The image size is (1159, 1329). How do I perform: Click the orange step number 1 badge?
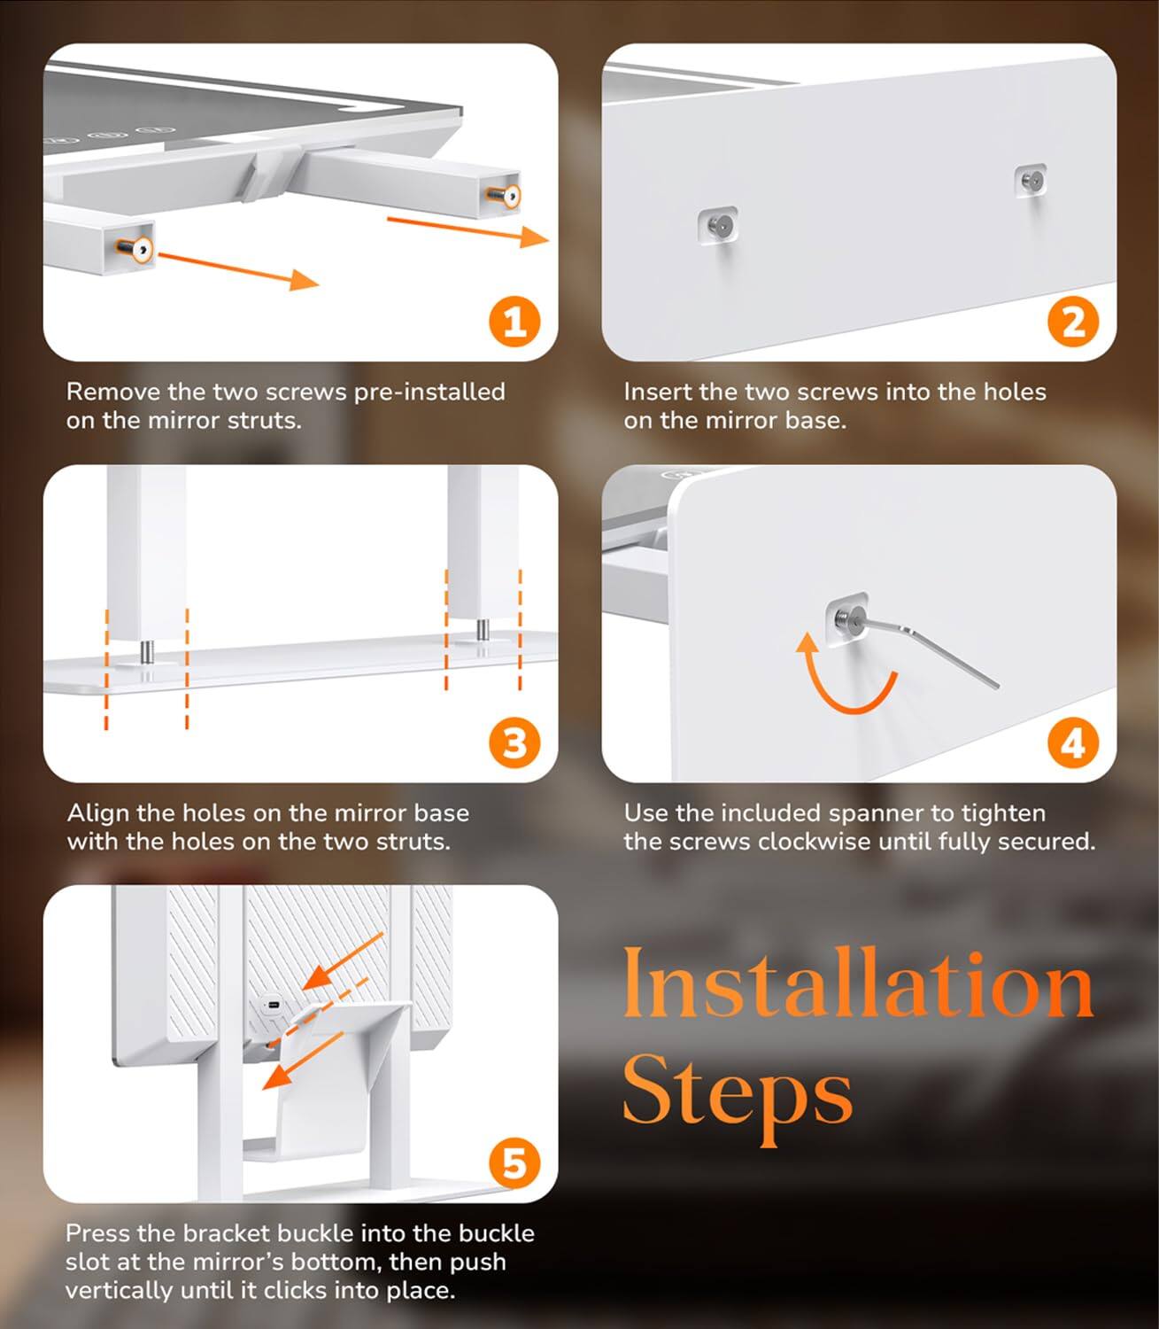(514, 322)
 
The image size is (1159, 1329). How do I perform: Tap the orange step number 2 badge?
(1073, 322)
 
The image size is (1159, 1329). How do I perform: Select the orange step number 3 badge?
(514, 743)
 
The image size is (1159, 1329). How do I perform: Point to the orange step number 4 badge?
(1073, 743)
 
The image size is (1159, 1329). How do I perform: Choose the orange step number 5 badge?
(514, 1163)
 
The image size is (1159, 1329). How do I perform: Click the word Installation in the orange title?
(857, 984)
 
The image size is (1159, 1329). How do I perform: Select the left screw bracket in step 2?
(718, 225)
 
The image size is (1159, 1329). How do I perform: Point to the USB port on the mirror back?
(272, 1005)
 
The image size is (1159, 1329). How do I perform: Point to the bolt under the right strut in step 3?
(482, 631)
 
